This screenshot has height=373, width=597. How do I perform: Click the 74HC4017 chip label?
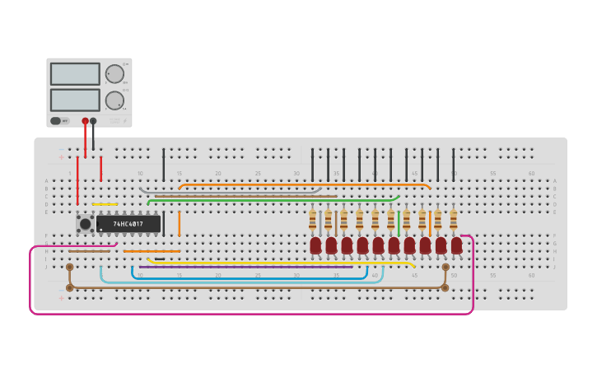tap(128, 224)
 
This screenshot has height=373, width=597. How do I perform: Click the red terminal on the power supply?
tap(85, 121)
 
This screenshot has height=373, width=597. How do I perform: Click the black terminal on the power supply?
tap(93, 121)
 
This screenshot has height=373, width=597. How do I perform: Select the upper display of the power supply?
tap(75, 74)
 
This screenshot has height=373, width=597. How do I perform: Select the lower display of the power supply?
tap(75, 100)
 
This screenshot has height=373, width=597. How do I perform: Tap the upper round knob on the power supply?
tap(114, 73)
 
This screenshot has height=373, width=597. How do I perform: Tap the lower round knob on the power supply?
tap(114, 100)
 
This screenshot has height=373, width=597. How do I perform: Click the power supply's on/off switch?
tap(56, 121)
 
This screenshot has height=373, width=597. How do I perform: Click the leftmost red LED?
tap(315, 245)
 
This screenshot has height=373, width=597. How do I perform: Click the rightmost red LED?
tap(456, 245)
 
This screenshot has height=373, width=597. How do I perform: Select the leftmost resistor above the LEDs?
tap(312, 220)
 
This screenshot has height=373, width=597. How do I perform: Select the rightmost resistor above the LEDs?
tap(453, 220)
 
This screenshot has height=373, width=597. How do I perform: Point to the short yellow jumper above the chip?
tap(105, 204)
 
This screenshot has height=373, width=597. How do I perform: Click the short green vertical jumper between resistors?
tap(399, 222)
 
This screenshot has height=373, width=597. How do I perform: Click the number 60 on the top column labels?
tap(531, 174)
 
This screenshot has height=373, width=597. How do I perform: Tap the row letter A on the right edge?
tap(555, 181)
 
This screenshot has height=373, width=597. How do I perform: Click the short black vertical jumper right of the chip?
tap(163, 223)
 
